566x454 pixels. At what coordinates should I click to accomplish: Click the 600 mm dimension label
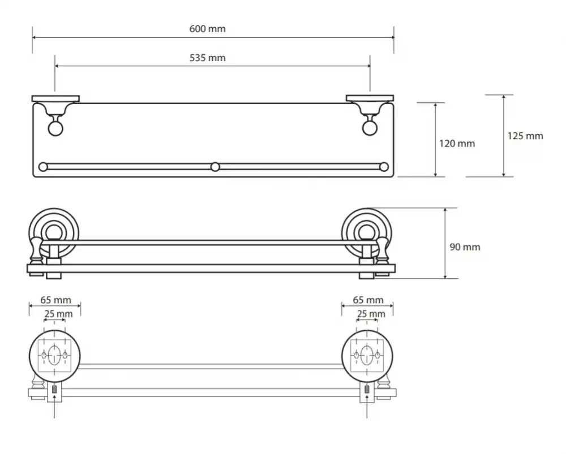(207, 29)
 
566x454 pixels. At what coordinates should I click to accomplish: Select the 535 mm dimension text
(207, 58)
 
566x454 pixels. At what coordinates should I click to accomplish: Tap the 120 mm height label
(457, 144)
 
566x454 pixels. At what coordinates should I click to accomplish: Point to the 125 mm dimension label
(525, 136)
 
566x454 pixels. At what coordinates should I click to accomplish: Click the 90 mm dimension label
(465, 247)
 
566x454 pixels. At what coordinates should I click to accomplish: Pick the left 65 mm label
(55, 300)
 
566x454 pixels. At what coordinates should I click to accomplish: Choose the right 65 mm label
(368, 300)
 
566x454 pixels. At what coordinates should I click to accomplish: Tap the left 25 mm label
(58, 314)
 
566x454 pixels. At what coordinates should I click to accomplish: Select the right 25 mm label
(371, 314)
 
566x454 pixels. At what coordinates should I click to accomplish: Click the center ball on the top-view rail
(215, 167)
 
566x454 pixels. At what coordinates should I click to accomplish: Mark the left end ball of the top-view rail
(43, 167)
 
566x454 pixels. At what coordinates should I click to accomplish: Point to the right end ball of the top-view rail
(384, 167)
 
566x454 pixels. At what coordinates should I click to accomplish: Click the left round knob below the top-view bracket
(55, 129)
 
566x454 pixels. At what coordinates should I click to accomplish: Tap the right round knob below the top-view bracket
(370, 129)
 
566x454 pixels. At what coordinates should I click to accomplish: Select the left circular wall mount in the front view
(54, 232)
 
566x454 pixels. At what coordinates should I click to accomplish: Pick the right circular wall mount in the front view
(367, 232)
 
